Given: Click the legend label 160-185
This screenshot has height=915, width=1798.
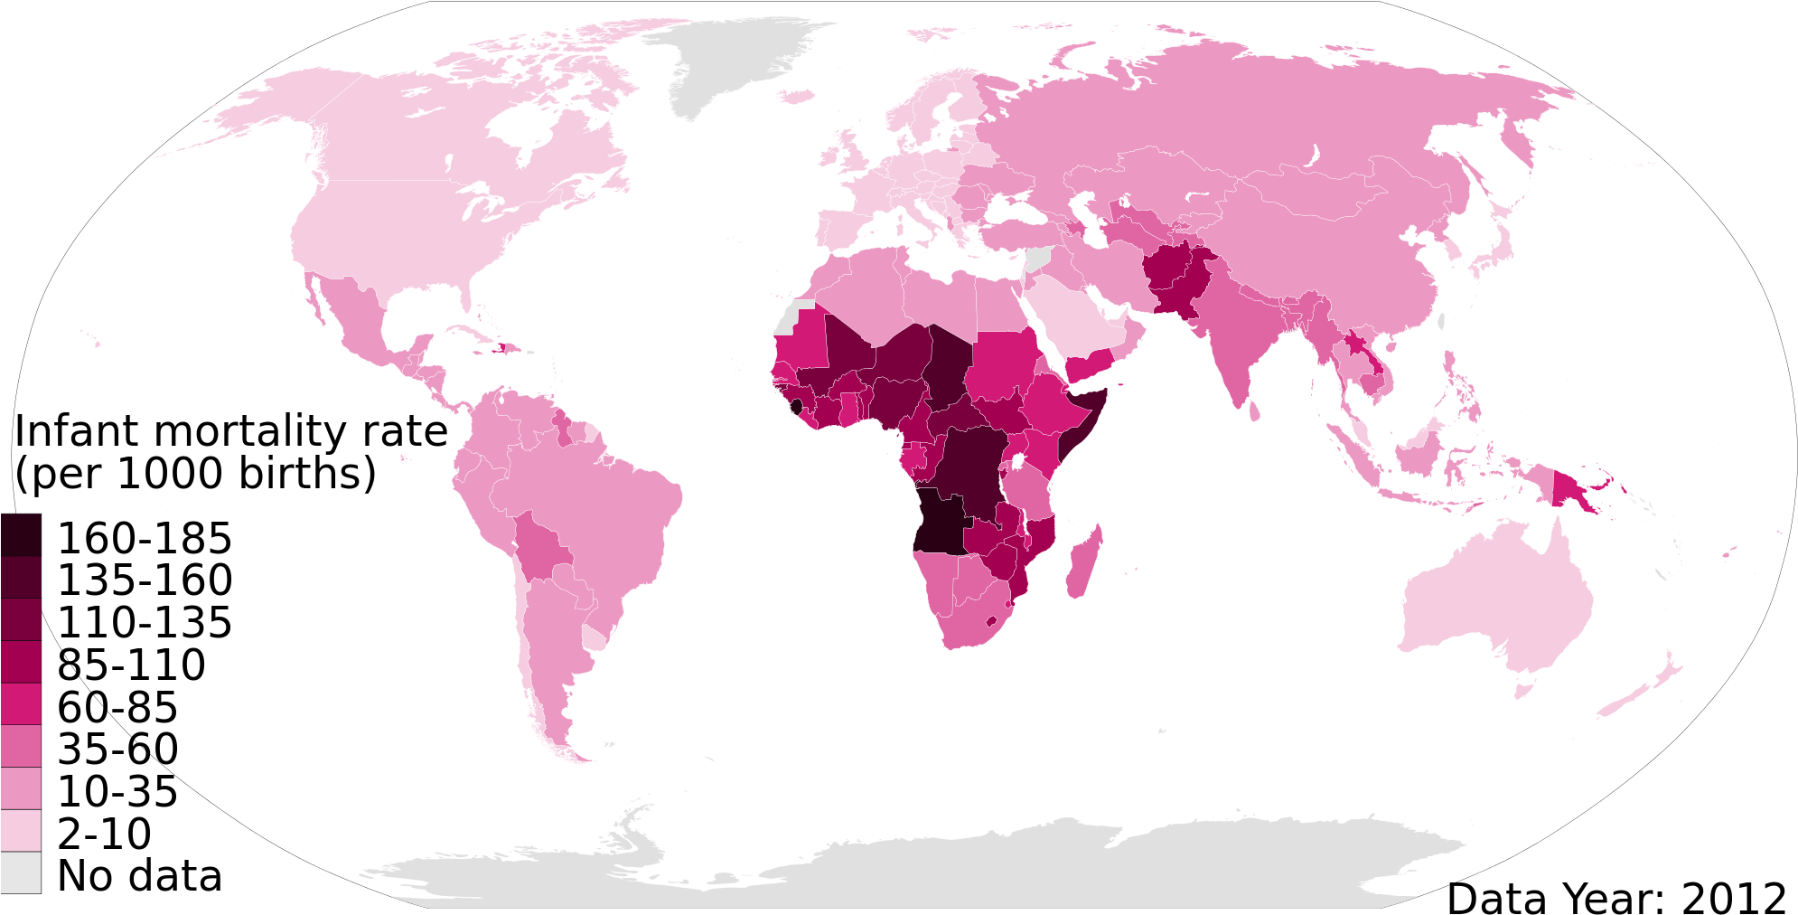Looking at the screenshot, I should click(145, 539).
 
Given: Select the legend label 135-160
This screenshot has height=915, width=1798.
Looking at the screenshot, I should click(145, 580).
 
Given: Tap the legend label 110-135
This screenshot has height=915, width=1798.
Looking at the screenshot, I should click(145, 623).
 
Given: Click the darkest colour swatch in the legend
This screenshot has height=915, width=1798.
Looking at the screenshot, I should click(20, 534).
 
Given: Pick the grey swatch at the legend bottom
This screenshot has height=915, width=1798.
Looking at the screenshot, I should click(20, 873).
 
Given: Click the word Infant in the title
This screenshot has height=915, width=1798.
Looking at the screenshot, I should click(76, 431).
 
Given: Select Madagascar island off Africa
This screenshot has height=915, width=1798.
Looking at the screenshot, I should click(1083, 565).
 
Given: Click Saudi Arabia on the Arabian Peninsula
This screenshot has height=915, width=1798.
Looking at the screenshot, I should click(1071, 316).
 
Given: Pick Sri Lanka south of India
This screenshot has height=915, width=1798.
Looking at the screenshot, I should click(1254, 411).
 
